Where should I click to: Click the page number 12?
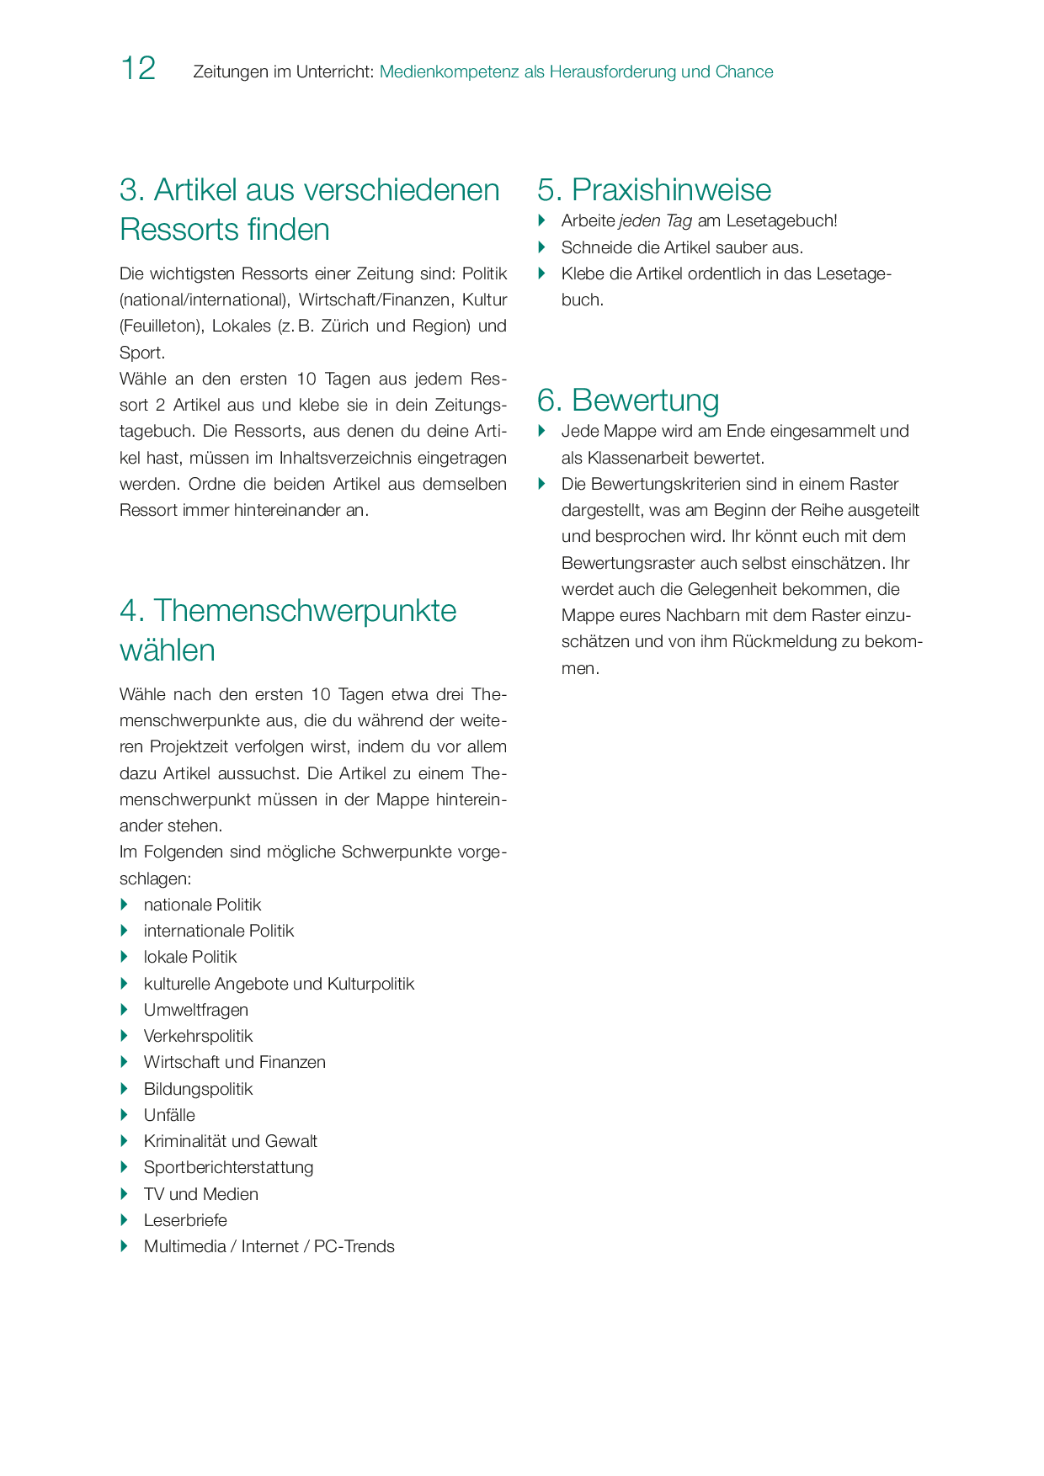(x=138, y=69)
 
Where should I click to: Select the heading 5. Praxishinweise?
(x=654, y=190)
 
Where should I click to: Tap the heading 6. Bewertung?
(x=628, y=401)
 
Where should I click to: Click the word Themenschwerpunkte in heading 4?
(x=305, y=611)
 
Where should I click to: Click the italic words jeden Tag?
(x=655, y=221)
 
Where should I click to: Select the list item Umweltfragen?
(x=195, y=1010)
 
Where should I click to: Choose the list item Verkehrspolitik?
(x=198, y=1036)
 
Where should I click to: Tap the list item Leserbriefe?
(x=185, y=1220)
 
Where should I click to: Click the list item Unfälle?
(x=169, y=1115)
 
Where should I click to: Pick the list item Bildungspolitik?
(x=198, y=1089)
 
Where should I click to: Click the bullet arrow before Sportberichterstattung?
(x=125, y=1167)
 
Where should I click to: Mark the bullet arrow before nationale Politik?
(x=125, y=905)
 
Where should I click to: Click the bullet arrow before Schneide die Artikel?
(x=542, y=247)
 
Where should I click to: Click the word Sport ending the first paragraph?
(x=141, y=353)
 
